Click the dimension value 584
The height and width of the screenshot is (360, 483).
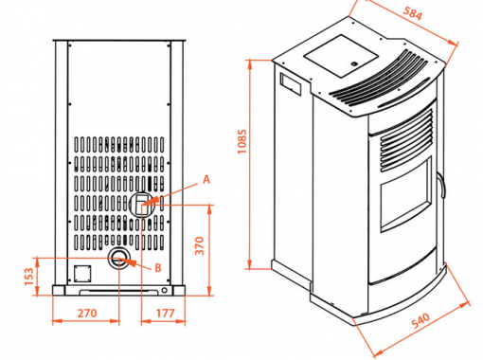(412, 13)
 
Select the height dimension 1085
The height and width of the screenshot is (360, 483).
(241, 141)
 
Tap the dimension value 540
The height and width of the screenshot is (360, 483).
(420, 320)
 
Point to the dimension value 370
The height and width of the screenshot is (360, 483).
(200, 245)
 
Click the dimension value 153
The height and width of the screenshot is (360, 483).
(28, 277)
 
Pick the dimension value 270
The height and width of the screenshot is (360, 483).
(87, 314)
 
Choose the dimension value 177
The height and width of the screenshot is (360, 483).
(165, 314)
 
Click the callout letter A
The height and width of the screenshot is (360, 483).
(206, 179)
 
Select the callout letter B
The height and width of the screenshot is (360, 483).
(158, 268)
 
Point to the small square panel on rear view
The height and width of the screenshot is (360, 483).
(82, 274)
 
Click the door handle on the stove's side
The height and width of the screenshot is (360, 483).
(442, 186)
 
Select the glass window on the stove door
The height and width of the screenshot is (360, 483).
(405, 195)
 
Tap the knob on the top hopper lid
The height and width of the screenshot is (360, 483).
(354, 63)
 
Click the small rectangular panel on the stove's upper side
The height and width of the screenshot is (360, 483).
(291, 84)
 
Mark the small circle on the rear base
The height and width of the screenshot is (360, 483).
(164, 290)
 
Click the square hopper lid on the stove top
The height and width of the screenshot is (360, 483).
(341, 56)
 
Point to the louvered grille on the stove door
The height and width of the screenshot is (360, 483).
(406, 140)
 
